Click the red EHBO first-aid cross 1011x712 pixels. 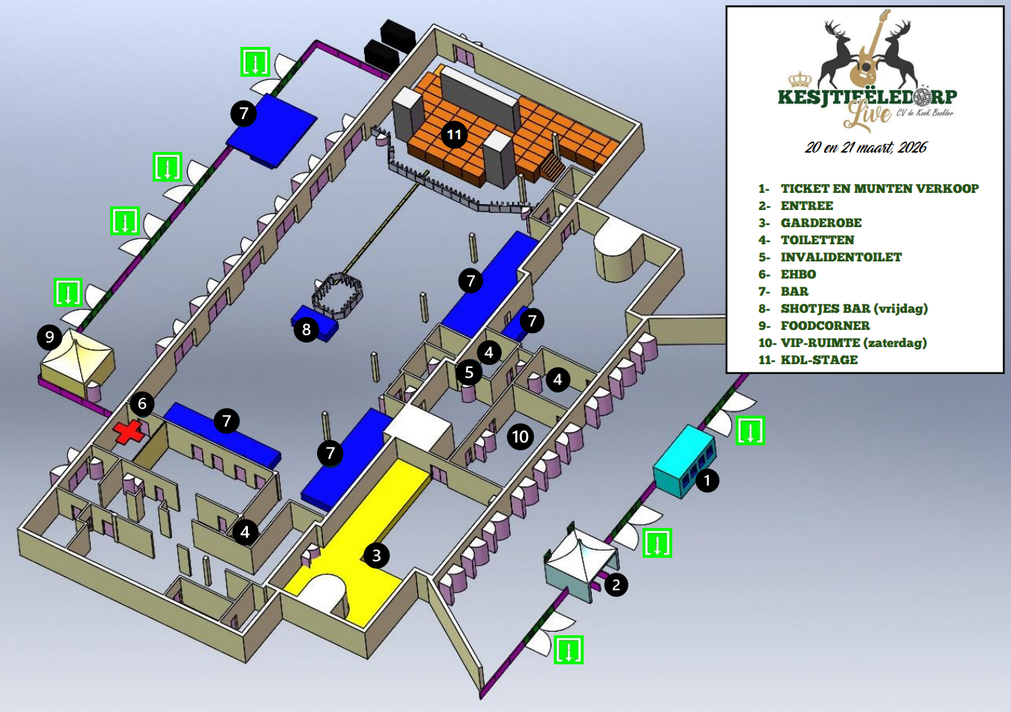click(130, 432)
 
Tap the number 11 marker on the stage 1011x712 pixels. click(453, 135)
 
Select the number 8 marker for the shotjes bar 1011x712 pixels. click(306, 329)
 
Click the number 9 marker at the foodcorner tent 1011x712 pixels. click(49, 337)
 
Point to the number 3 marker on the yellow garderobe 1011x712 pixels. click(376, 555)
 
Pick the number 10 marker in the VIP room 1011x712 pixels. click(520, 436)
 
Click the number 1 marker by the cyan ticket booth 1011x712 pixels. click(707, 480)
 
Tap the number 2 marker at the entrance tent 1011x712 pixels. click(616, 585)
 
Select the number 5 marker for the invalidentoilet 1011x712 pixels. click(468, 372)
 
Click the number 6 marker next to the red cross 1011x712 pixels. click(141, 404)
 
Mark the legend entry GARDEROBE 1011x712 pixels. click(820, 223)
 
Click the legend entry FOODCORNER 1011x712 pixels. click(825, 325)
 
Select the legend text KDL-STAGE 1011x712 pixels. click(819, 360)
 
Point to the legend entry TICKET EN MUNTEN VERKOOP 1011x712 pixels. click(879, 188)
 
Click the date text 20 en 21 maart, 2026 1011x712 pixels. click(866, 147)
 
